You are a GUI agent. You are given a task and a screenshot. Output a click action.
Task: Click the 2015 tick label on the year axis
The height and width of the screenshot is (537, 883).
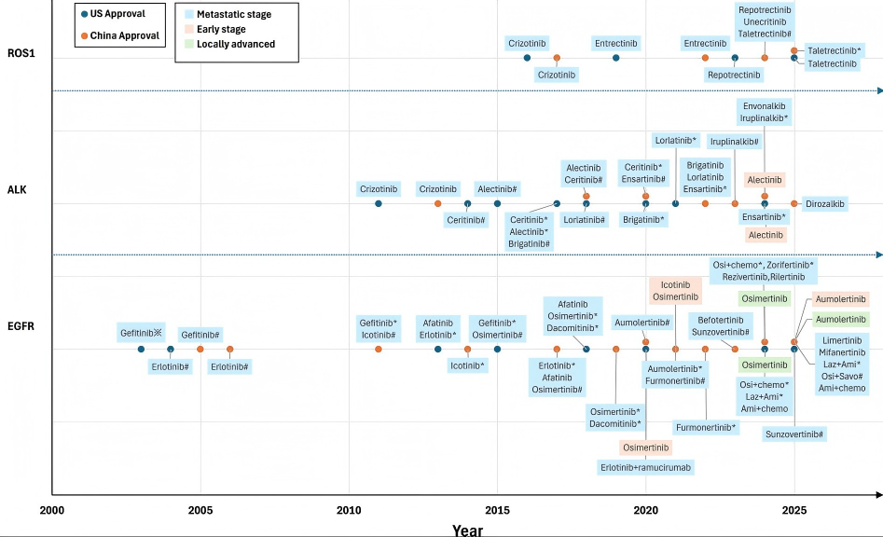(x=497, y=511)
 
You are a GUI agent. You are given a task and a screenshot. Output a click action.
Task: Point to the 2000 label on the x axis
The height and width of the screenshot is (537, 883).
(x=52, y=511)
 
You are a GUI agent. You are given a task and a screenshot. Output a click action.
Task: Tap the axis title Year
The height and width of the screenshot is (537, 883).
(x=467, y=530)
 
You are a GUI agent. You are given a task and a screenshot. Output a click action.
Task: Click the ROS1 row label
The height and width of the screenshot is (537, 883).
(x=21, y=53)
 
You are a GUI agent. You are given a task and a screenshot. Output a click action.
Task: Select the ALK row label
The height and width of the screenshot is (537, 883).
(x=17, y=189)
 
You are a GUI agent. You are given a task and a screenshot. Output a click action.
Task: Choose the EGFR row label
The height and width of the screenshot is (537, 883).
(x=21, y=326)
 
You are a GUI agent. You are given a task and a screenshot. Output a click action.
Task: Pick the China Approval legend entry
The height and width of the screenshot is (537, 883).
(x=120, y=35)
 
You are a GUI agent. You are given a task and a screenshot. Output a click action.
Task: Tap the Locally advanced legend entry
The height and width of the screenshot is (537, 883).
(x=229, y=44)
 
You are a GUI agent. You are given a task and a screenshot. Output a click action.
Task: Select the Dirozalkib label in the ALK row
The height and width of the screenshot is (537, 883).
(x=825, y=204)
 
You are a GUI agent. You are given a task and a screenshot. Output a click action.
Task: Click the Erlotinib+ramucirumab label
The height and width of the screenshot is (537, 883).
(x=645, y=467)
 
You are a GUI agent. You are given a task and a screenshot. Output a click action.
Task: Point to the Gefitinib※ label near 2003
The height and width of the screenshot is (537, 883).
(x=141, y=333)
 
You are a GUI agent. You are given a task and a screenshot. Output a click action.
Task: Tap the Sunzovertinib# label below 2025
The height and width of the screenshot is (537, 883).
(x=794, y=434)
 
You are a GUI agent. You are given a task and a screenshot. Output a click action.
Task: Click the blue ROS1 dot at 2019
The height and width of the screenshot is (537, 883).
(x=616, y=58)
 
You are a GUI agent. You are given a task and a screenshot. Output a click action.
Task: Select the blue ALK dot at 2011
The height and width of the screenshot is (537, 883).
(x=379, y=204)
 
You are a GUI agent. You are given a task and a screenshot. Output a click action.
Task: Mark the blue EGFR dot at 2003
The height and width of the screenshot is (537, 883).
(x=141, y=349)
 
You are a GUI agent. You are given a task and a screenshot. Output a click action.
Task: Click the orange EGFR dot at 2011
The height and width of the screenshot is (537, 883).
(x=379, y=349)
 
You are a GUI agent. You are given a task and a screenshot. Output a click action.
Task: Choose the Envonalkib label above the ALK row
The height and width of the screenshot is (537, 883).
(x=765, y=106)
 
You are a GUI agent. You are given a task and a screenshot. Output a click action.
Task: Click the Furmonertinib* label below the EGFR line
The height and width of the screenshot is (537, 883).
(x=706, y=427)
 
